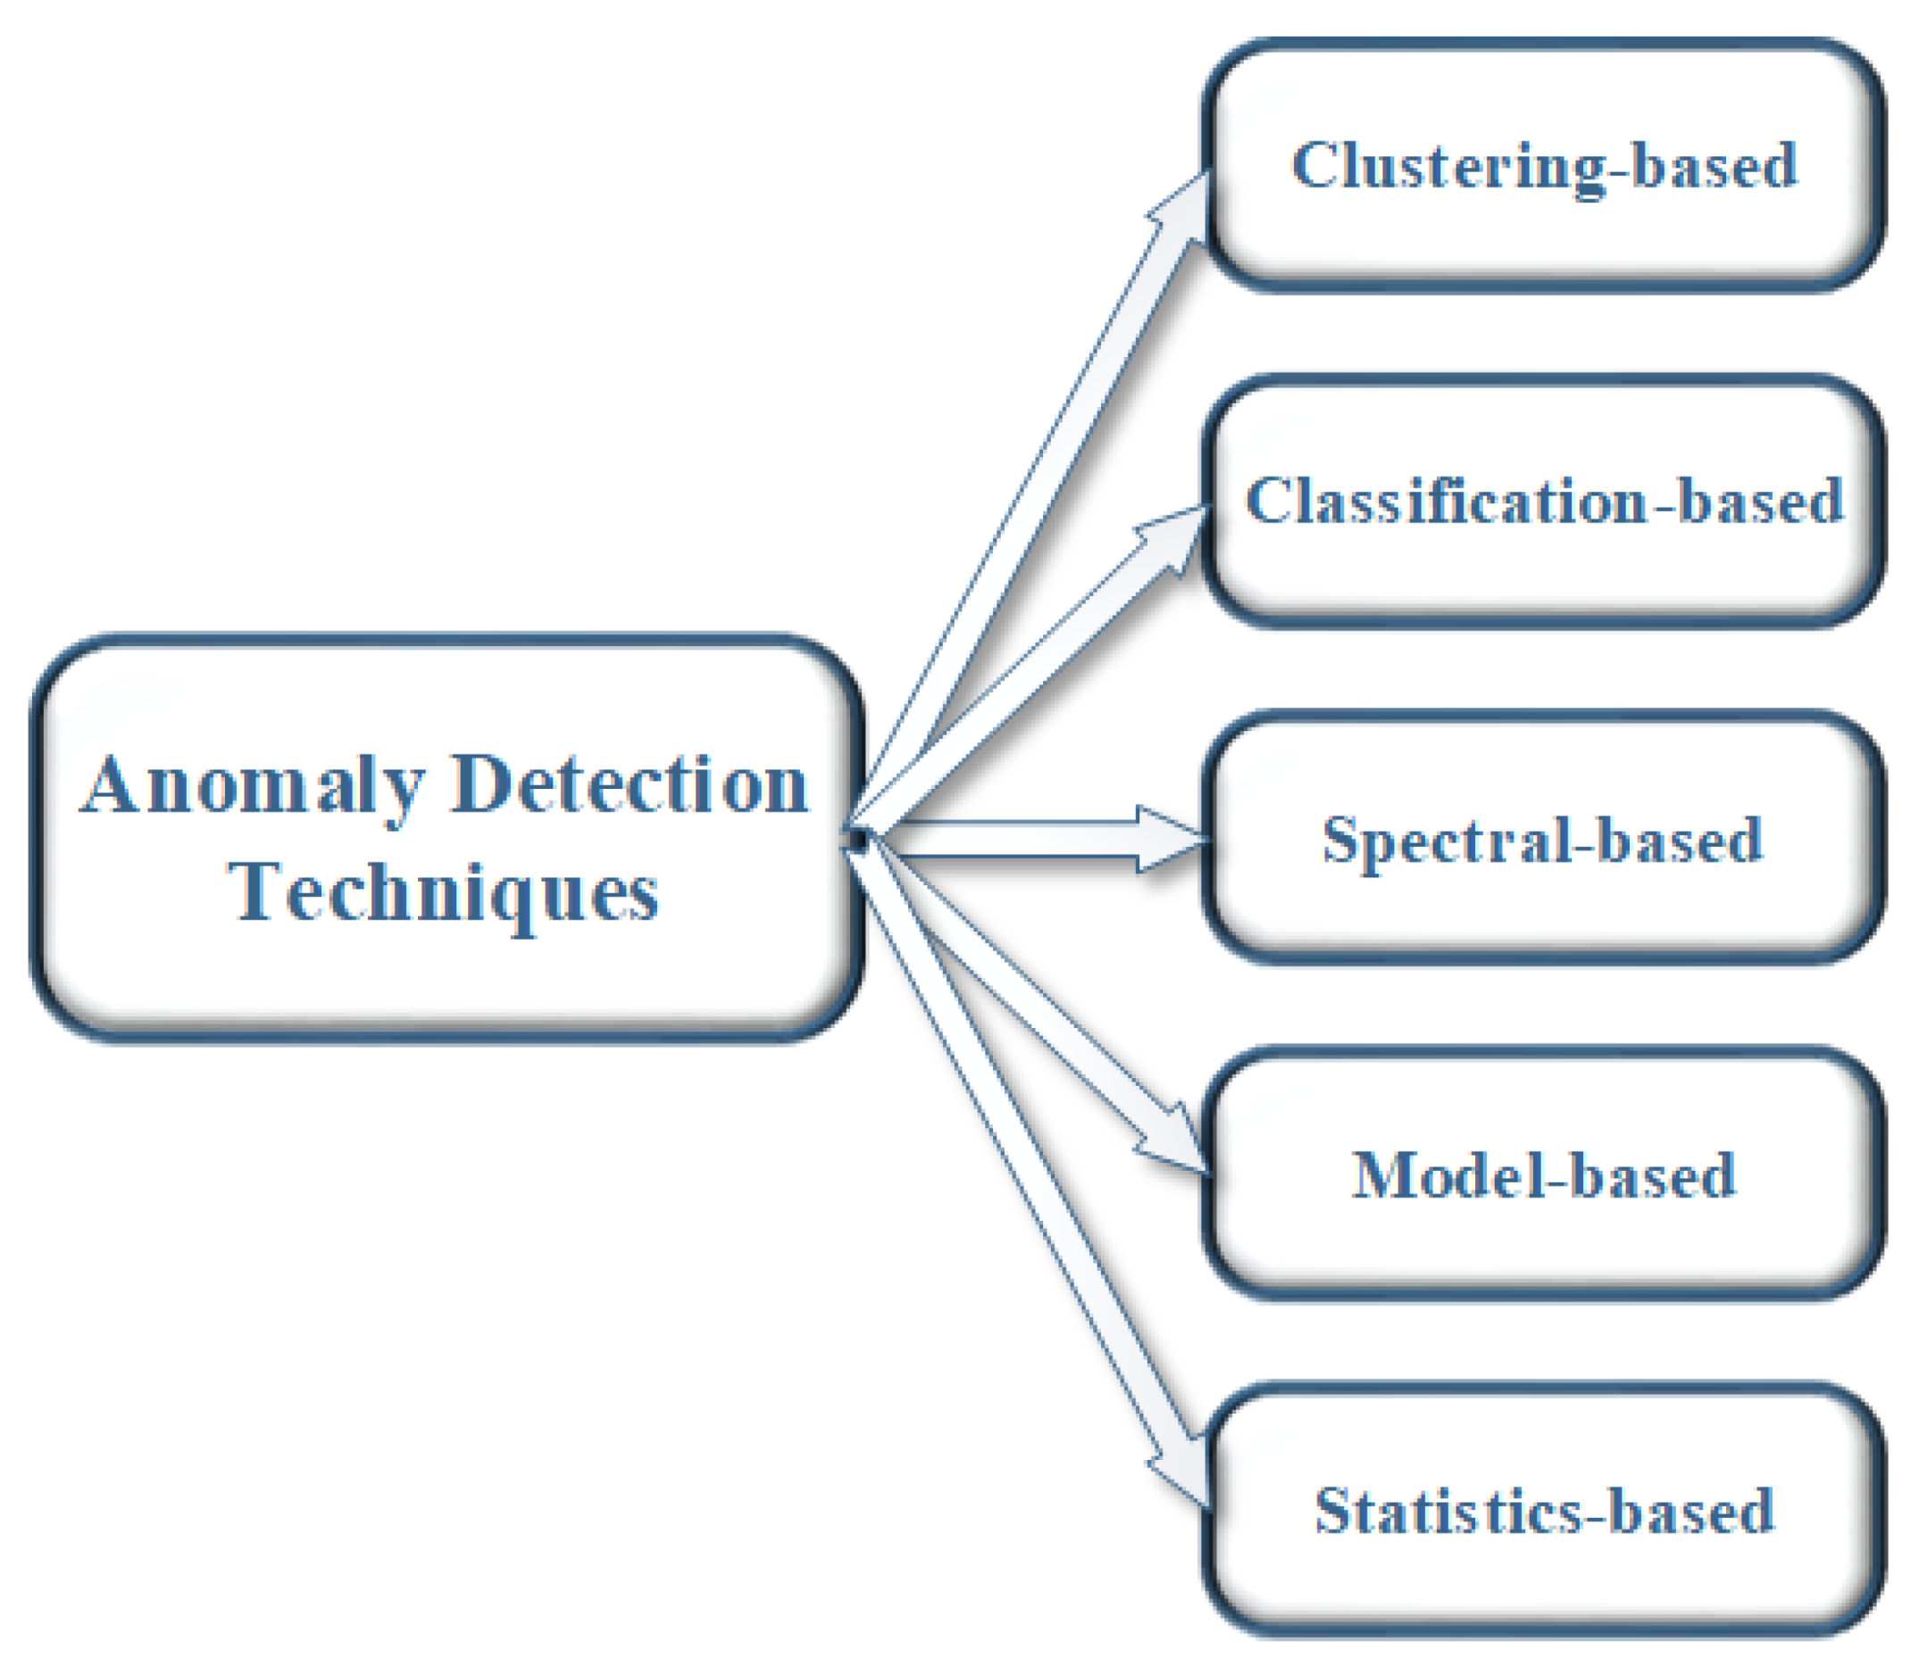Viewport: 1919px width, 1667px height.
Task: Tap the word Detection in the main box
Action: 630,786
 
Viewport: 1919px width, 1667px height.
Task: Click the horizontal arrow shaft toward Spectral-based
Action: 1014,839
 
